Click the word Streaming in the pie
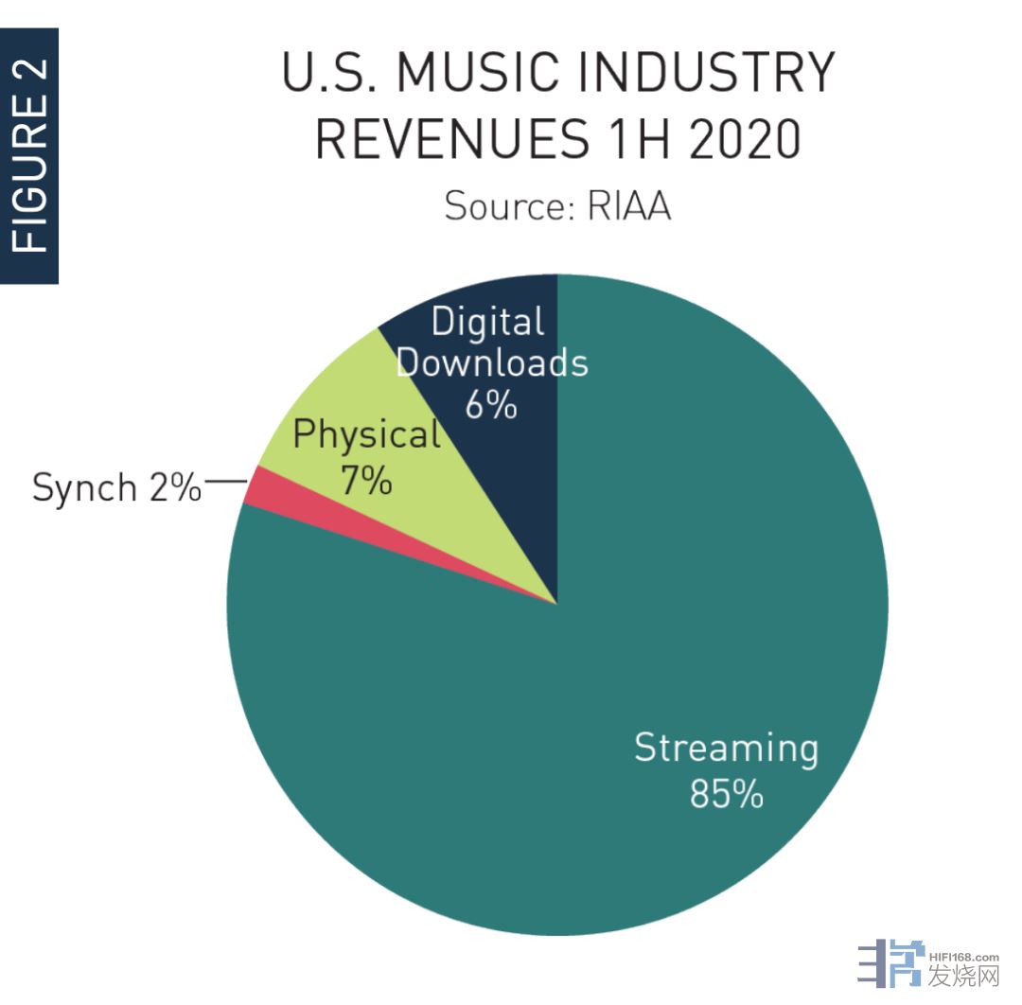726,748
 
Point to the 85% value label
726,795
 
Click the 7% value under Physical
366,481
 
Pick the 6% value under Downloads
491,405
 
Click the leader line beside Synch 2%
225,482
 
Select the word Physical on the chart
366,435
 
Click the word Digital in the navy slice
487,323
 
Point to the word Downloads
492,363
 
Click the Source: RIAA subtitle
557,205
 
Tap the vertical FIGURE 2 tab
29,156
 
